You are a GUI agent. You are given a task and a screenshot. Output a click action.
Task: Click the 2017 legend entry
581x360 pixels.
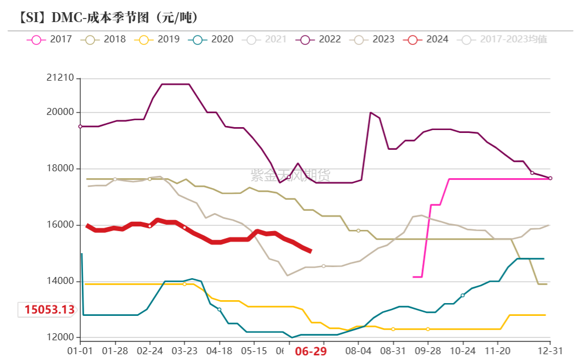pos(49,39)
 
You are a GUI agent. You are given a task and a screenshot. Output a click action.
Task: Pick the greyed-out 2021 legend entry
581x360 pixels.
pos(266,39)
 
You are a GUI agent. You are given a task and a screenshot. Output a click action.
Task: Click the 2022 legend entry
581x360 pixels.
pos(320,39)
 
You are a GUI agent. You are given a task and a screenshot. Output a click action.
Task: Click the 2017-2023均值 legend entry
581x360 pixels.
pos(503,39)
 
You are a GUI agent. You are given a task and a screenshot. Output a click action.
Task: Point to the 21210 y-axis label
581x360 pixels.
pos(60,78)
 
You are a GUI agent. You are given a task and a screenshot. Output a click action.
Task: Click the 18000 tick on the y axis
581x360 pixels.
pos(60,169)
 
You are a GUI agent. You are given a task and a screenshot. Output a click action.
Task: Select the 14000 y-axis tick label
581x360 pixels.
pos(60,282)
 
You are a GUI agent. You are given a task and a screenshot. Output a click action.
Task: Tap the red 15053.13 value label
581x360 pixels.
pos(49,309)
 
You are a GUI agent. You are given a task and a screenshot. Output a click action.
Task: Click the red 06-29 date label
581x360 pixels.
pos(311,351)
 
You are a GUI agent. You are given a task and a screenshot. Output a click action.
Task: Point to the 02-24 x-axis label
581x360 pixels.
pos(150,351)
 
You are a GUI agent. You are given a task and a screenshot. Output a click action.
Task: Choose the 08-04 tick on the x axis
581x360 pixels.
pos(358,351)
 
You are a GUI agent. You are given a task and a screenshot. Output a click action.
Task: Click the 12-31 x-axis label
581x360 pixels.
pos(550,351)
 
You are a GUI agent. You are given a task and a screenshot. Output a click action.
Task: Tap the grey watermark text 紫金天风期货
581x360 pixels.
pos(290,174)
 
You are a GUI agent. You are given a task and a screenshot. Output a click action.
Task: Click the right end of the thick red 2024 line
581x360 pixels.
pos(311,251)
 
